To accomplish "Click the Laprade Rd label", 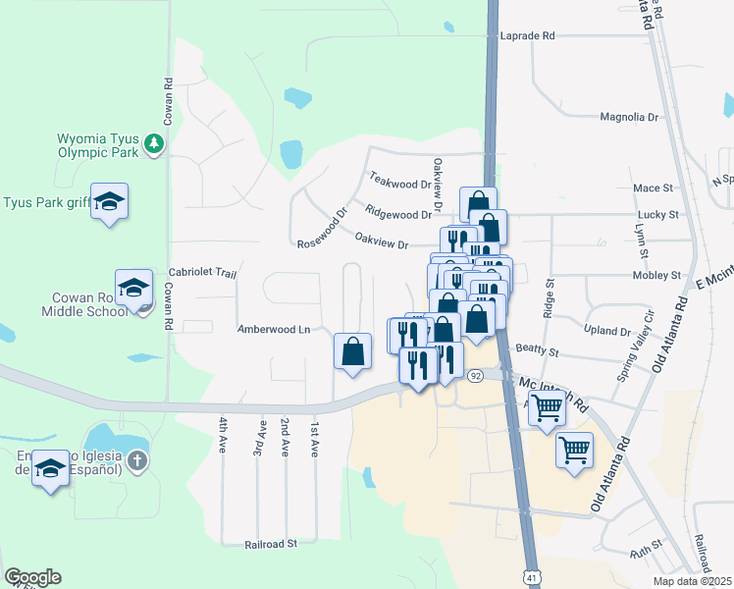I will [x=528, y=35].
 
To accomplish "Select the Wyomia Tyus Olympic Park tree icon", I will [x=153, y=145].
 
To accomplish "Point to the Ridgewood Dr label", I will [x=397, y=212].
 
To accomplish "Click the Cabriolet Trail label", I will [x=203, y=273].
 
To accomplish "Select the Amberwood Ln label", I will [x=273, y=330].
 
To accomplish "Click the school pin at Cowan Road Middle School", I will [x=133, y=288].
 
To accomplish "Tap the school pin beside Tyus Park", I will [x=110, y=202].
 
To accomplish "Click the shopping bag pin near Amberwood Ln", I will [x=352, y=351].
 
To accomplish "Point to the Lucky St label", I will [x=657, y=214].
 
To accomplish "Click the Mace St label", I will [x=654, y=187].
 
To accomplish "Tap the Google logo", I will [x=32, y=576].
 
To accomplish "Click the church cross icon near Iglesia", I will [x=138, y=459].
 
